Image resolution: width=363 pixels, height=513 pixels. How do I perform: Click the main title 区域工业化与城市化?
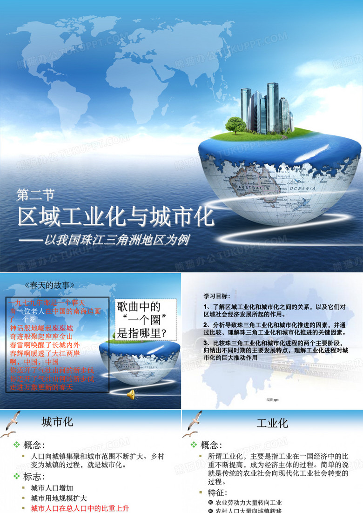pos(116,217)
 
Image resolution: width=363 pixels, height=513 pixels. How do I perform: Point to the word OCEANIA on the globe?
pos(303,189)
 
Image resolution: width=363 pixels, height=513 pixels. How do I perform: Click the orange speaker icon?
pos(131,395)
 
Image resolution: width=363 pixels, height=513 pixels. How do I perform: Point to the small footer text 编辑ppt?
pos(272,400)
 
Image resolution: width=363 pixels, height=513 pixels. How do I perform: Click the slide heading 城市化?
pos(57,422)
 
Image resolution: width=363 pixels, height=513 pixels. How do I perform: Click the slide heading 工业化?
pos(272,423)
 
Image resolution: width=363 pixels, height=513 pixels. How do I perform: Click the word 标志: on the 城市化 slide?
pos(34,477)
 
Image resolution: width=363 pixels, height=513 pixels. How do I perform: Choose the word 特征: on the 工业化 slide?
pos(217,493)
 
